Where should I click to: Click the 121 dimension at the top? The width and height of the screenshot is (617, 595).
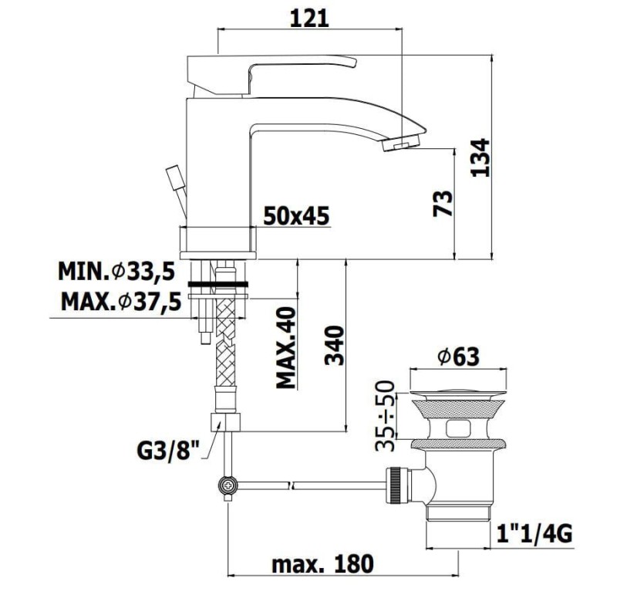(x=309, y=18)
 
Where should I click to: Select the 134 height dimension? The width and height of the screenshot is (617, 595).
(x=480, y=157)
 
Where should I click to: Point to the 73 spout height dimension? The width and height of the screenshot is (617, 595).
(x=443, y=204)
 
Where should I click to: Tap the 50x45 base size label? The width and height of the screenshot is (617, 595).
(x=296, y=216)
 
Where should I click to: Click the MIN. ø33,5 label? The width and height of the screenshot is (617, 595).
(x=116, y=271)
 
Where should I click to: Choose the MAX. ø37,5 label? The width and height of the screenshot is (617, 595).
(x=121, y=302)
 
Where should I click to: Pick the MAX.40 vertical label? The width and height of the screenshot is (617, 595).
(x=286, y=348)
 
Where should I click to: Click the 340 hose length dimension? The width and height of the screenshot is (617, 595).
(x=335, y=345)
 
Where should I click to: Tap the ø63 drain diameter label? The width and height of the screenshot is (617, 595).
(x=458, y=357)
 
